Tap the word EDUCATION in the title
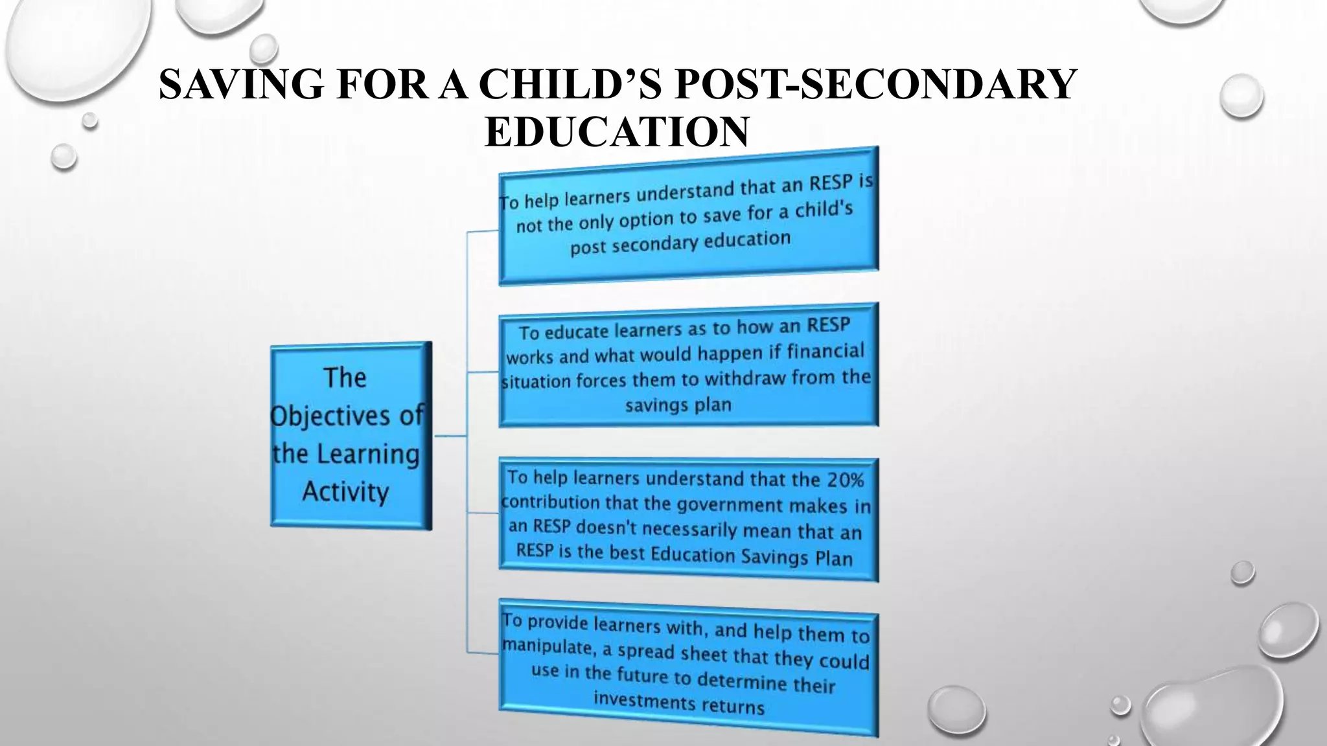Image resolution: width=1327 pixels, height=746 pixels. (x=617, y=131)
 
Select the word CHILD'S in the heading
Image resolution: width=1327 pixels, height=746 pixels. (x=570, y=84)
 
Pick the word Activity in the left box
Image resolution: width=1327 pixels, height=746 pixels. (x=345, y=492)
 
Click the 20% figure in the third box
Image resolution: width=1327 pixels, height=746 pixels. (x=846, y=480)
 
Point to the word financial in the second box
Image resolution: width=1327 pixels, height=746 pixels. (x=825, y=352)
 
